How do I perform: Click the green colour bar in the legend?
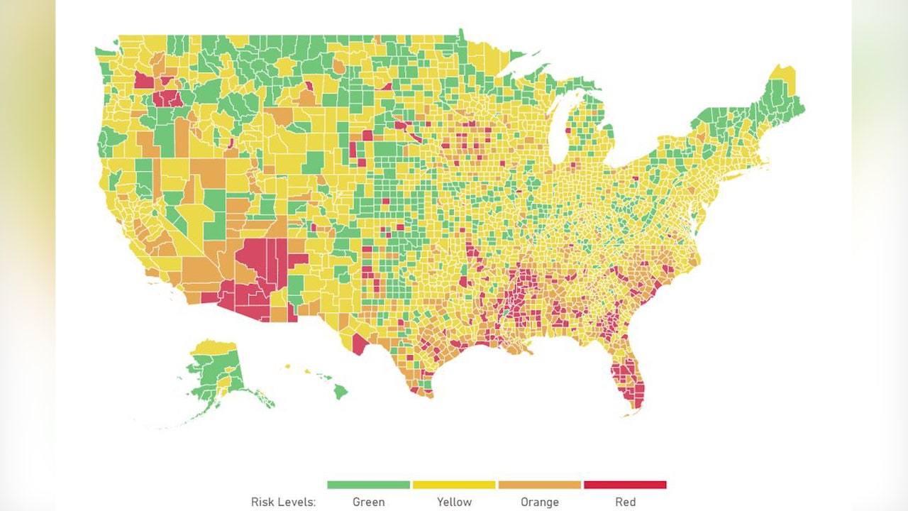pos(368,485)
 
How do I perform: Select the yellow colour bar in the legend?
pos(454,485)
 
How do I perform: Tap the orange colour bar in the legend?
pos(539,485)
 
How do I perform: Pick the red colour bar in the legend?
pos(625,485)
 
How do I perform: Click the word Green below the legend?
pos(368,502)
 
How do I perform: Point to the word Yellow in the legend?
pos(454,502)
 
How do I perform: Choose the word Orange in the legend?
pos(539,502)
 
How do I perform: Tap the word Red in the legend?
pos(625,502)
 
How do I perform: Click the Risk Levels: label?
pos(283,502)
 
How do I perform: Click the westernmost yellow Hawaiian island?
pos(287,366)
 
